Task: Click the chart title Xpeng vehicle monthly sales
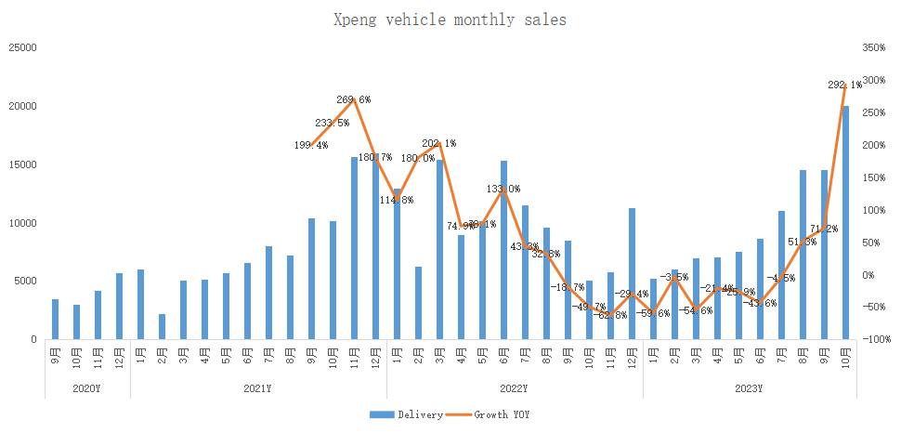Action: [450, 19]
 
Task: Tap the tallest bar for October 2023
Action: [845, 223]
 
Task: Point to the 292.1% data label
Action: [844, 85]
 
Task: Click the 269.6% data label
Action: [353, 99]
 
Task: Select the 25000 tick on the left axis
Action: [23, 47]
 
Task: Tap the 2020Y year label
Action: [87, 387]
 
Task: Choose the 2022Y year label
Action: [514, 387]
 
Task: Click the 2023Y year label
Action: [749, 387]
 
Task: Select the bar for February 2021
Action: [162, 327]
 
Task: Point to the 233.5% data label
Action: [333, 123]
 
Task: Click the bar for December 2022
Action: [632, 274]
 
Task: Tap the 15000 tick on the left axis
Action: [23, 164]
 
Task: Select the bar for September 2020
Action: [55, 320]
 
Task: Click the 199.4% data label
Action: [311, 145]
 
